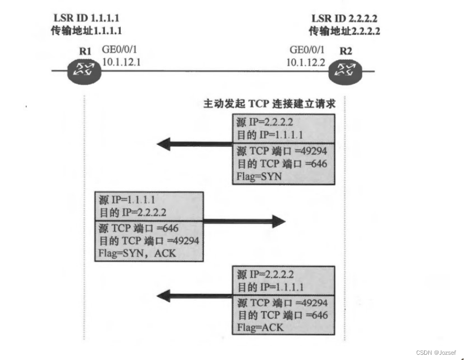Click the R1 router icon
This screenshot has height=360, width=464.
pyautogui.click(x=83, y=70)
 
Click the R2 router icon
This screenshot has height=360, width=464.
pyautogui.click(x=345, y=70)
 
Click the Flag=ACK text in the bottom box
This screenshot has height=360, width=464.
pyautogui.click(x=260, y=327)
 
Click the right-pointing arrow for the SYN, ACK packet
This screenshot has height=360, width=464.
pyautogui.click(x=244, y=221)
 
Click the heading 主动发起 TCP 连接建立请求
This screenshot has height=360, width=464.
pyautogui.click(x=269, y=103)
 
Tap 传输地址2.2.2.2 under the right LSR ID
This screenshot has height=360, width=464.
pyautogui.click(x=344, y=30)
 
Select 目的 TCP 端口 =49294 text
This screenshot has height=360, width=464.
pyautogui.click(x=149, y=241)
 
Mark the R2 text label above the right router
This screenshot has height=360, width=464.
pyautogui.click(x=346, y=51)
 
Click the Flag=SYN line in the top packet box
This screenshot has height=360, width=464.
pyautogui.click(x=259, y=176)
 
